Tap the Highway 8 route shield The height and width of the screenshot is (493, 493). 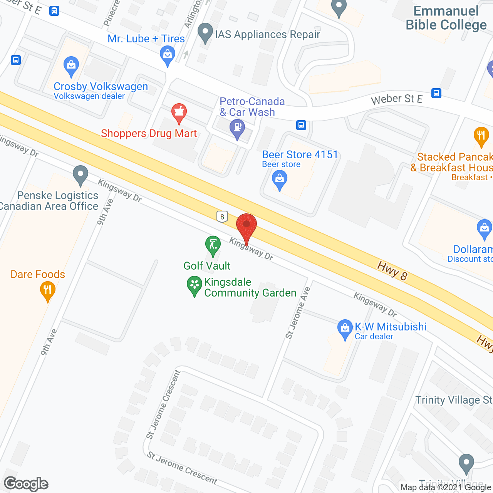coord(222,217)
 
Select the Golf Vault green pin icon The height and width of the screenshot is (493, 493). coord(213,244)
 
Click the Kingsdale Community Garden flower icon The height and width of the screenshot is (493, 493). coord(195,285)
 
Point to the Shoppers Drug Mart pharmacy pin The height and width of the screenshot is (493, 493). coord(179,112)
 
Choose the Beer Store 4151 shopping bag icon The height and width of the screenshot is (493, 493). coord(280,179)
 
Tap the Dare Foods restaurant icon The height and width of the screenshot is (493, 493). coord(47,290)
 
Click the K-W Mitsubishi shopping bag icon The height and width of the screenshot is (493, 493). coord(345,328)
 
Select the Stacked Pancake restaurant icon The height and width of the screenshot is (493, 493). coord(481,136)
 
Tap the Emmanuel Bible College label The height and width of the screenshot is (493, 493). coord(446,18)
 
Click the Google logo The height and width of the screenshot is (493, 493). coord(26,484)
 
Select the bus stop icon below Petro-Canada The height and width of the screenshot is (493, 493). coord(301,125)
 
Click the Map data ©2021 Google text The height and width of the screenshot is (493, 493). coord(446,488)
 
